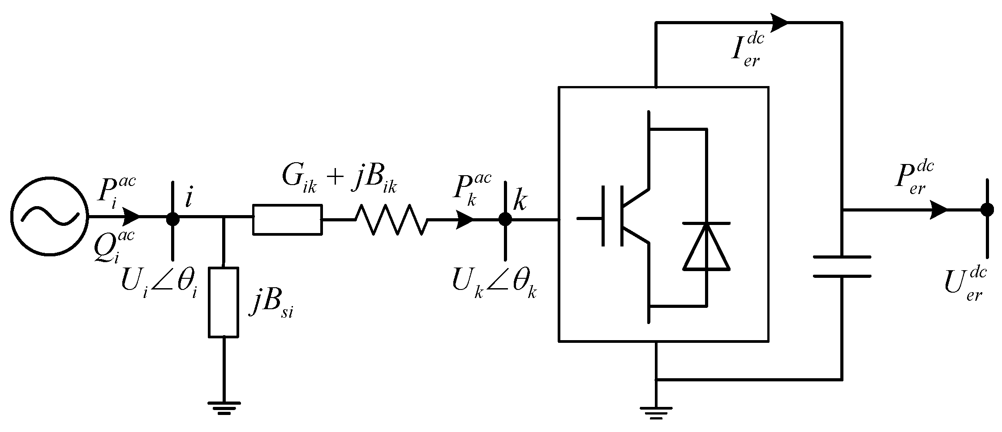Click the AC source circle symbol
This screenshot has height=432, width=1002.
click(49, 217)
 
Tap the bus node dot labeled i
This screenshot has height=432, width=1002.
click(172, 219)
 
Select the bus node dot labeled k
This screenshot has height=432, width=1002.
click(505, 219)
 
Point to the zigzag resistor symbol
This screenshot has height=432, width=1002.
click(391, 220)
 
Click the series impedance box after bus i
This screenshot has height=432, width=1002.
click(287, 220)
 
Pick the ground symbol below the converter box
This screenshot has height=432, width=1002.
click(656, 412)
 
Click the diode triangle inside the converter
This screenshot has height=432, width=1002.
click(706, 247)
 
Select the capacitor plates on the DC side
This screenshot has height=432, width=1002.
click(842, 267)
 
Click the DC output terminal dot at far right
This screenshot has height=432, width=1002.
click(987, 209)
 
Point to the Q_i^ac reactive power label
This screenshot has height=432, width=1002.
click(114, 249)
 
